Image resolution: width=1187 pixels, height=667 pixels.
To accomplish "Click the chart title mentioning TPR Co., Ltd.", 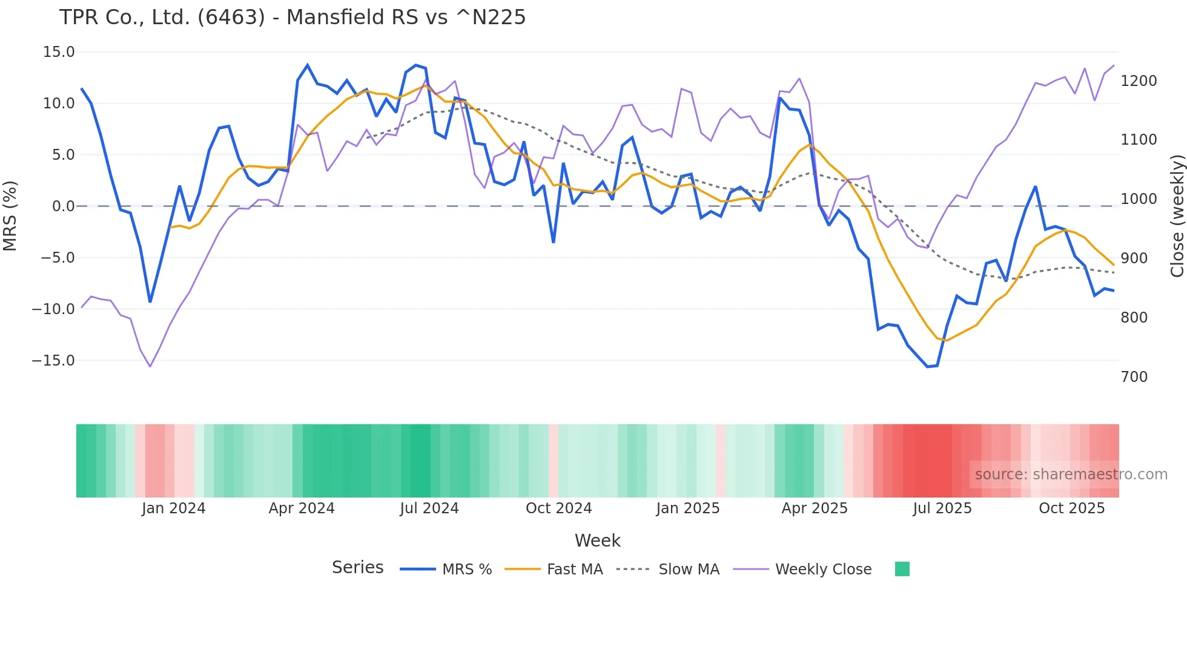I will point(293,18).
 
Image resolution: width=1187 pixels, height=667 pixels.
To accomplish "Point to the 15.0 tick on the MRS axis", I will point(59,52).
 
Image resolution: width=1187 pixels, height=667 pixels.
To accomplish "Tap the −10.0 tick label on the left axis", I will point(53,309).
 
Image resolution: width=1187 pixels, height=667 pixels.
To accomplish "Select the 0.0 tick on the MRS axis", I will point(64,206).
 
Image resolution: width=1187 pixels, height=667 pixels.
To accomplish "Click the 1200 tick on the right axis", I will point(1139,81).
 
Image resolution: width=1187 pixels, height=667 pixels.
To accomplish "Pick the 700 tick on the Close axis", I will point(1134,377).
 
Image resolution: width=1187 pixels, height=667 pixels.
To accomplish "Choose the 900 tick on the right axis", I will point(1134,258).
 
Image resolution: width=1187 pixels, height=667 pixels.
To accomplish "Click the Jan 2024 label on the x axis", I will point(174,508).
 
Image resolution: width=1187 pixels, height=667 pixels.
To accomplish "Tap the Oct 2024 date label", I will point(558,508).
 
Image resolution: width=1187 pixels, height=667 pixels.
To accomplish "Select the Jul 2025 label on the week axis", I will point(942,508).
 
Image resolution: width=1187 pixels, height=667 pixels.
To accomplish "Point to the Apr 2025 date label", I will point(815,508).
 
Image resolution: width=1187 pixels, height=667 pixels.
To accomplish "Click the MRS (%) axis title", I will point(10,215).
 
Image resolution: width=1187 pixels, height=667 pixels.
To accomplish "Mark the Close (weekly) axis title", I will point(1177,216).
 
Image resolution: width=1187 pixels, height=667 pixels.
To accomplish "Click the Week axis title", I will point(597,540).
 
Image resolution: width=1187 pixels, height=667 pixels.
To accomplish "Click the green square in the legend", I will point(902,570).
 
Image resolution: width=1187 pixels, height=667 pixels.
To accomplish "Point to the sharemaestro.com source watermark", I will point(1071,475).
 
